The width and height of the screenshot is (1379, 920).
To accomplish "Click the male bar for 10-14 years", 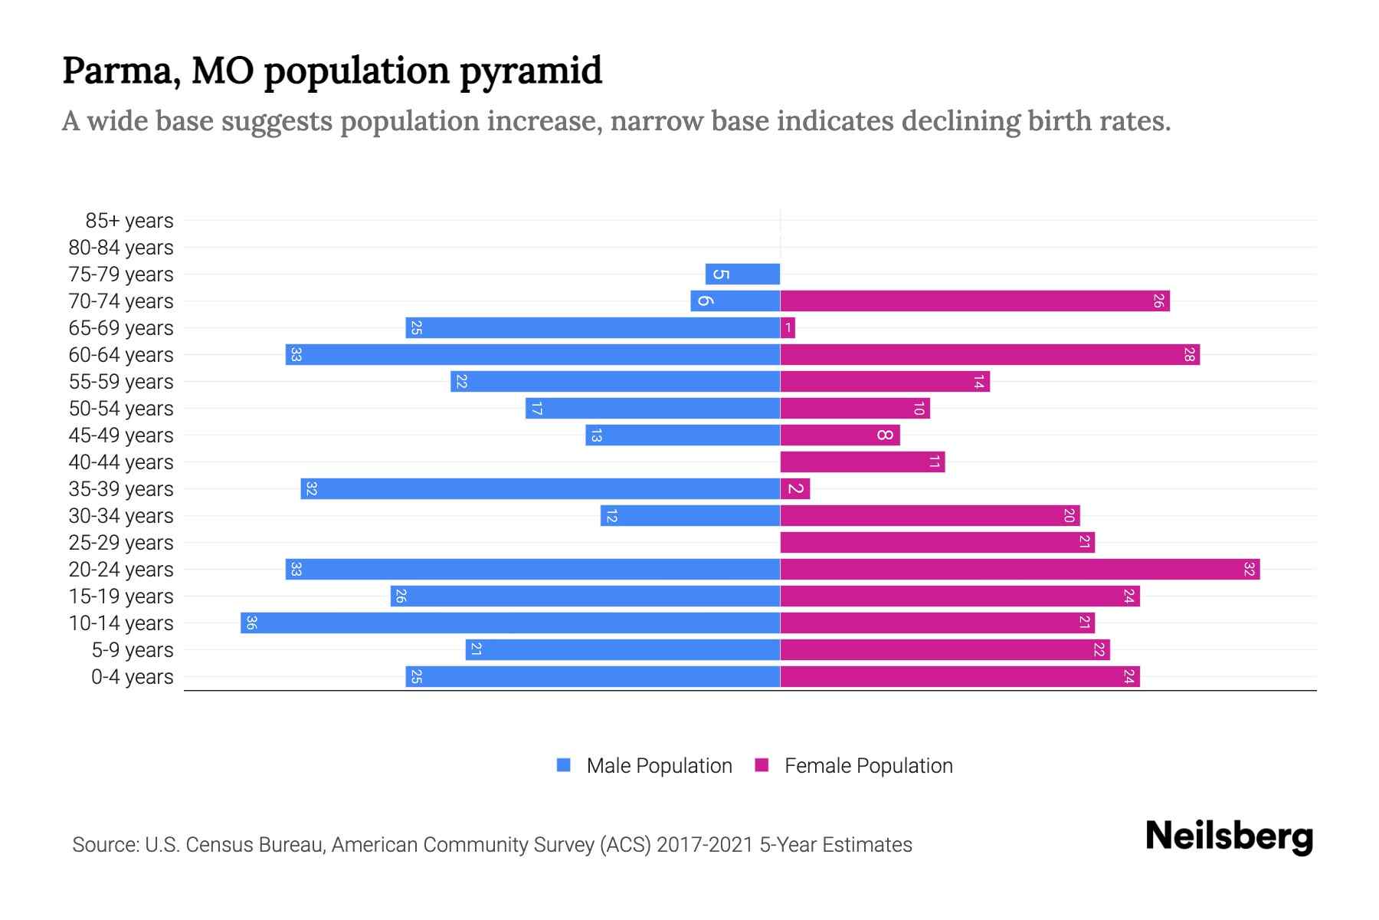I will point(510,623).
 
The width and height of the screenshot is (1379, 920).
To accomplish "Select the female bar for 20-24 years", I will point(1020,569).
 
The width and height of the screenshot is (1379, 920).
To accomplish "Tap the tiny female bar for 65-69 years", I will point(788,328).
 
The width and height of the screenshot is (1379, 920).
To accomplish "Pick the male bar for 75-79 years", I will point(742,274).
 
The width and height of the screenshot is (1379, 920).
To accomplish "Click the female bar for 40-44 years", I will point(862,462).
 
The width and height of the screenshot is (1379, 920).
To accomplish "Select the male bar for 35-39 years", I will point(540,488).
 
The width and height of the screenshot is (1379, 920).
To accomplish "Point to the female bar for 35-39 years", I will point(794,488).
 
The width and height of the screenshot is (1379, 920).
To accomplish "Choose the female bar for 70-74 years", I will point(974,301).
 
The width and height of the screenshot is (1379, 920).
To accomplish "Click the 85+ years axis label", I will point(129,221).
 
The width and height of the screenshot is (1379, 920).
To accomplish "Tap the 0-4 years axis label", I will point(132,677).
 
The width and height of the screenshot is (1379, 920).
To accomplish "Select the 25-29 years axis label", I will point(121,543).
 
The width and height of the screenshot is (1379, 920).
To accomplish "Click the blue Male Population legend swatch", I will point(564,765).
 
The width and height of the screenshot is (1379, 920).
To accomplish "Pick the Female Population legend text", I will point(868,766).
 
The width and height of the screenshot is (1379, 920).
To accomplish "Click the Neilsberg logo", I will point(1229,836).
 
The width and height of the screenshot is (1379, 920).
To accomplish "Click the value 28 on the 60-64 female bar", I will point(1189,355).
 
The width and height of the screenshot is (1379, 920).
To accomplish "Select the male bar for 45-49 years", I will point(683,435).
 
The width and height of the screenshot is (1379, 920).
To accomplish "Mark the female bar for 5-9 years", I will point(945,649).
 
